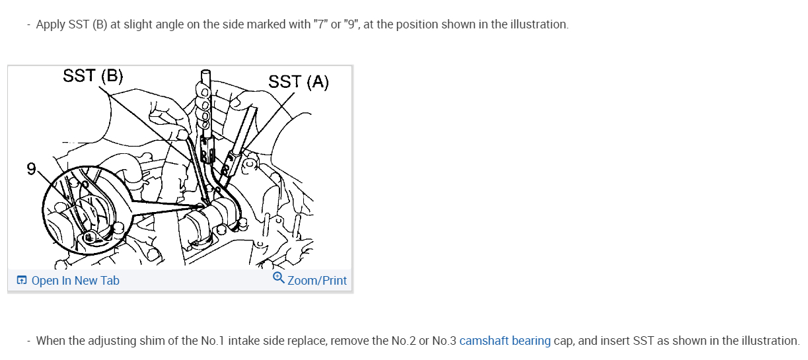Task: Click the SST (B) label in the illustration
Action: [x=92, y=75]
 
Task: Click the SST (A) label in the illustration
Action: [x=299, y=81]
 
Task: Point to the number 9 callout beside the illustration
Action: [x=31, y=169]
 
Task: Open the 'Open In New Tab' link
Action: [x=75, y=281]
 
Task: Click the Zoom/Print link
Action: [x=317, y=281]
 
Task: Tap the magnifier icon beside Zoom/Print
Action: [x=279, y=279]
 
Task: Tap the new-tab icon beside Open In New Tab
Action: [x=22, y=281]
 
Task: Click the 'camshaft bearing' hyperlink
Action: [x=505, y=341]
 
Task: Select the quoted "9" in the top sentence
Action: [x=353, y=24]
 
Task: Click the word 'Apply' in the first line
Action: [x=50, y=24]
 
